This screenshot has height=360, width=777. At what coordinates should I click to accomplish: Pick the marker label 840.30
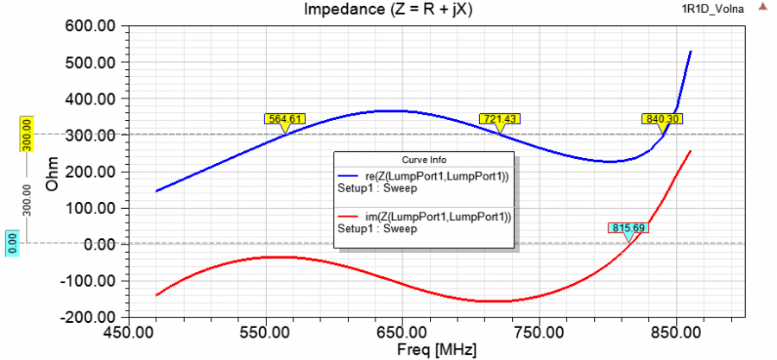pos(661,119)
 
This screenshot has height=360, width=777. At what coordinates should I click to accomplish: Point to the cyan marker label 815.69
pos(629,228)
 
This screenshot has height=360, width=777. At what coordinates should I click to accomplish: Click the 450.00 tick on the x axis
pos(128,332)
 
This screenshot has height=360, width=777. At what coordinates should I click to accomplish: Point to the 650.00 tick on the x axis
pos(401,332)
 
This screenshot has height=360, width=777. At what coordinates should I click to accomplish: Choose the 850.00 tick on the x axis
pos(675,332)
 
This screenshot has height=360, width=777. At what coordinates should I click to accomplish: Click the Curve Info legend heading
pos(423,160)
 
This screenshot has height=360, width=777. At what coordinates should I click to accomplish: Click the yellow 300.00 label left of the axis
pos(26,135)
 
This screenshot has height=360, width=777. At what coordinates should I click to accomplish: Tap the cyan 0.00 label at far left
pos(13,243)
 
